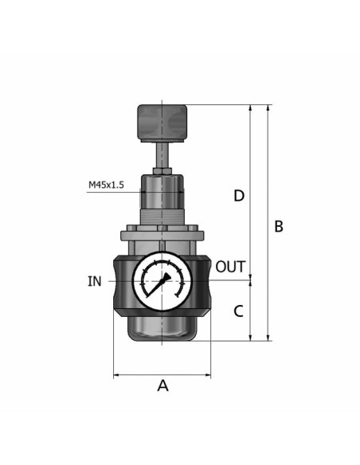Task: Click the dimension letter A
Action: [162, 385]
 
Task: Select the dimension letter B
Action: [279, 226]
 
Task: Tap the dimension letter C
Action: [238, 311]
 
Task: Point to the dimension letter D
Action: [239, 196]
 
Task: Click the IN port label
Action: [95, 281]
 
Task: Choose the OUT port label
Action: [230, 267]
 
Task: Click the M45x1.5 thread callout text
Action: [106, 185]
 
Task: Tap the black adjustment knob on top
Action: [162, 123]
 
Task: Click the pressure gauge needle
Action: [158, 284]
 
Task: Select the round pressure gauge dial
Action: [162, 281]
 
